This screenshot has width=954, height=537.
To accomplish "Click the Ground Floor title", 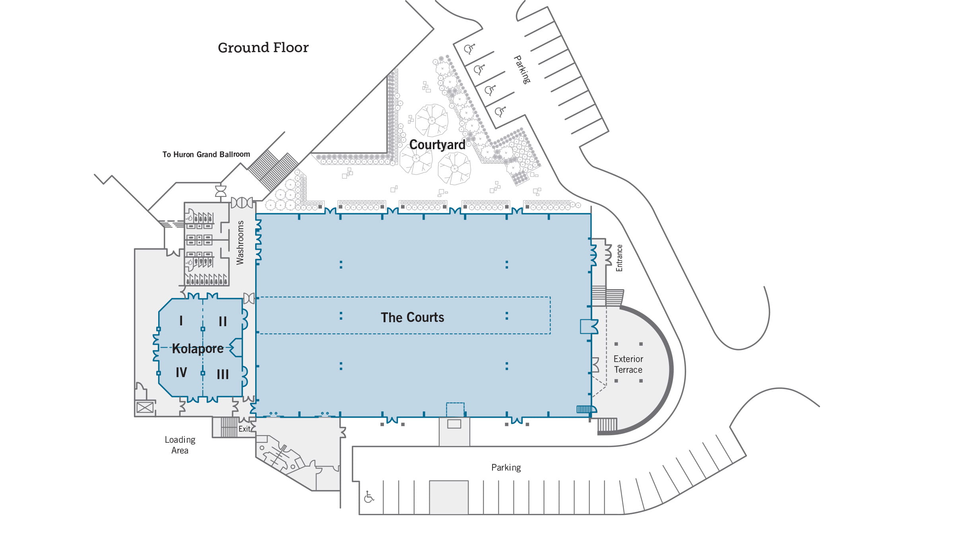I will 263,48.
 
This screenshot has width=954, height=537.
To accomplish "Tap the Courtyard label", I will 437,145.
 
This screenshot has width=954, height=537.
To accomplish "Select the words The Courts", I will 412,317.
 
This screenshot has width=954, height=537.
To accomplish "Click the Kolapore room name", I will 198,348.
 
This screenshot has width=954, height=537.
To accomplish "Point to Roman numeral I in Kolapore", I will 181,321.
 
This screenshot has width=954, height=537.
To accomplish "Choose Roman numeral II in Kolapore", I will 223,321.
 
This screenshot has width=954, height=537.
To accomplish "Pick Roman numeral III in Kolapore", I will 223,374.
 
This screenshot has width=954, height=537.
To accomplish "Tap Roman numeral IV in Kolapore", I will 181,373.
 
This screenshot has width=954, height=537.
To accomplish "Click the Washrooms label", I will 240,243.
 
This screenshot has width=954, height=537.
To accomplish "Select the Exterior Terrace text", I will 628,364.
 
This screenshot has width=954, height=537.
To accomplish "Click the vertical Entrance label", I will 619,258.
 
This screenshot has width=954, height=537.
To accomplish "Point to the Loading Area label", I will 180,445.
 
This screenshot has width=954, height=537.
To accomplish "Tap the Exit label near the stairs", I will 244,429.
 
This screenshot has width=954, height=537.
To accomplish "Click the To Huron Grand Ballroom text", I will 206,154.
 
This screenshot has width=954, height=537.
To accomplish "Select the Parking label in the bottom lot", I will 506,467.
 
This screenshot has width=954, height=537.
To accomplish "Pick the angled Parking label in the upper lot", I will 522,70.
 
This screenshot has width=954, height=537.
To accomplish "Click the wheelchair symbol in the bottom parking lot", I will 369,497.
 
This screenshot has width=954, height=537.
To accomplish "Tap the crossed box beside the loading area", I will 145,408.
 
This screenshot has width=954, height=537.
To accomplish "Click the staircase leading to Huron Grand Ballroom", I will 273,170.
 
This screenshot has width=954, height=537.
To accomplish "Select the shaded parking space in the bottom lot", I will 448,497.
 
